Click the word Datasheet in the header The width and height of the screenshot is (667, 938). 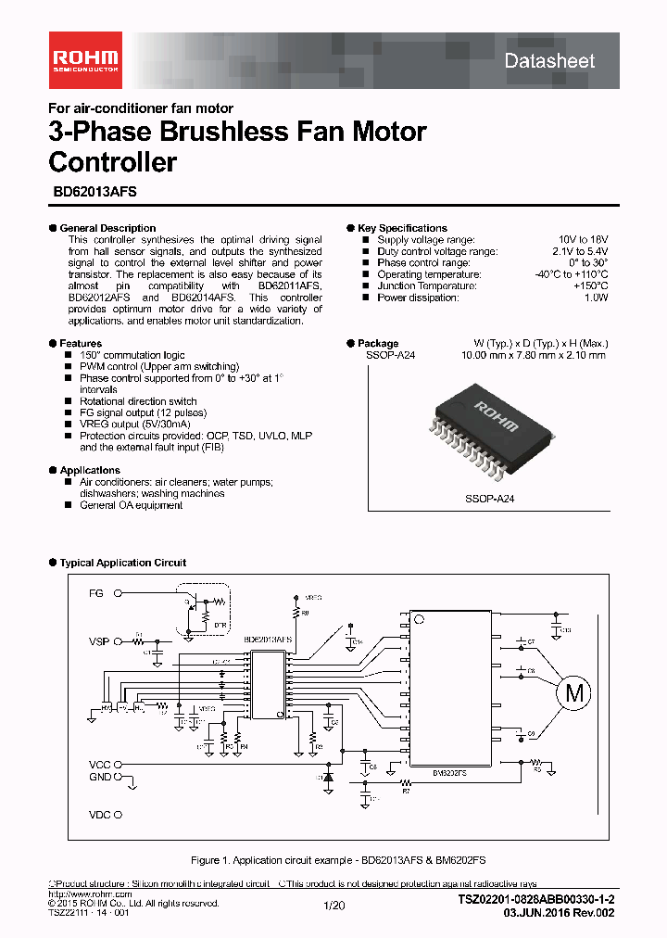point(549,61)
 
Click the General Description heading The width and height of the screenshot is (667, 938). point(107,228)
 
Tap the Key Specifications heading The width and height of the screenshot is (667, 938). point(402,228)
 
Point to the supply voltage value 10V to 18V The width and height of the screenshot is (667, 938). point(582,240)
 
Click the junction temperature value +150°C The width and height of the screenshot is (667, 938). point(589,286)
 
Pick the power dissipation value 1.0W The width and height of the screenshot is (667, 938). point(596,298)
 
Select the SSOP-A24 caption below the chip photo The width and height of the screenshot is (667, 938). point(489,499)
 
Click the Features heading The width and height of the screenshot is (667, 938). point(81,344)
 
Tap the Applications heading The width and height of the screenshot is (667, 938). point(90,471)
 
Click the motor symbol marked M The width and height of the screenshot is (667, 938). point(574,691)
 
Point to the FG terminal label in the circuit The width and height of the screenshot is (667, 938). point(96,592)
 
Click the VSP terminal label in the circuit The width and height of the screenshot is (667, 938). point(99,641)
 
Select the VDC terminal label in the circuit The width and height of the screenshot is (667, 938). point(99,816)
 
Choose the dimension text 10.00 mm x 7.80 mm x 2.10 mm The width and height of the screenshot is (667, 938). point(535,355)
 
